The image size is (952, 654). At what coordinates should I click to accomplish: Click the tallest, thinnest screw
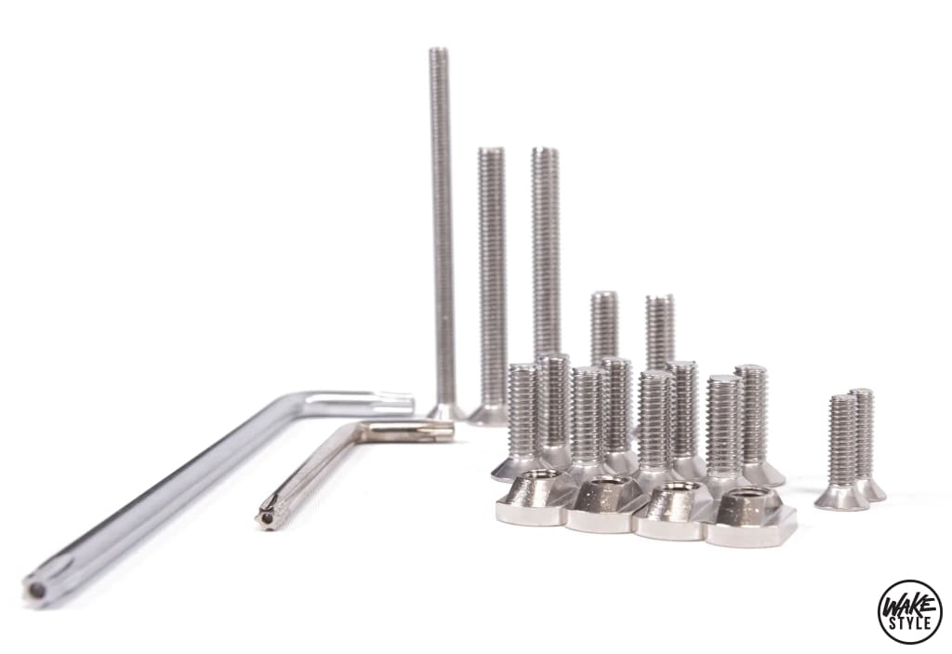443,223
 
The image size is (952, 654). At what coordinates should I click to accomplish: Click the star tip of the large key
38,587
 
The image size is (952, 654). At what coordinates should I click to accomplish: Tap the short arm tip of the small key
443,429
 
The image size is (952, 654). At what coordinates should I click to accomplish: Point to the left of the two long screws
491,279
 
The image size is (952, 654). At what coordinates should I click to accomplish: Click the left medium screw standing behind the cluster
604,326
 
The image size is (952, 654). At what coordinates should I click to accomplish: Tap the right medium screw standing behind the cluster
660,329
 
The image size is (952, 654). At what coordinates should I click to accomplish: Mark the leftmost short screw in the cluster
522,414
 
